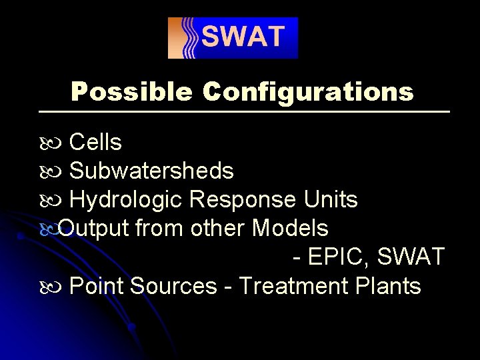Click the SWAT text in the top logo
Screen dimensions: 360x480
pos(243,37)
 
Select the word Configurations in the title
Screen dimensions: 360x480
pos(308,91)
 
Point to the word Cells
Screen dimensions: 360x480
pos(95,142)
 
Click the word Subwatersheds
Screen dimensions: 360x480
pos(151,171)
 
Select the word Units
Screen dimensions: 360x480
pos(331,200)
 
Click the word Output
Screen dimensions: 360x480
pos(93,229)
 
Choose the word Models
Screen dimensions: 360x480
pos(290,229)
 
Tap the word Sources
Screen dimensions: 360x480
pos(173,286)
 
